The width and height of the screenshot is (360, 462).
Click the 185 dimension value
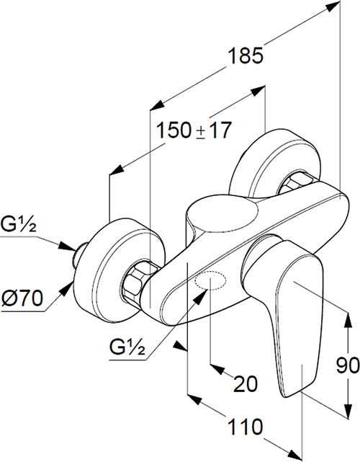(x=246, y=55)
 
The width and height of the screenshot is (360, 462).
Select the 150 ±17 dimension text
(x=194, y=130)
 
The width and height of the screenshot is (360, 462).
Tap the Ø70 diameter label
(x=22, y=299)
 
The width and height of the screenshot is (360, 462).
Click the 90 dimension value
(x=348, y=365)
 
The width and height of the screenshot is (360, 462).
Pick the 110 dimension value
(x=245, y=427)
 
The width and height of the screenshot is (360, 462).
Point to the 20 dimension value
(x=246, y=384)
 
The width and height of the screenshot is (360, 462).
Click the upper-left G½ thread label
(x=18, y=224)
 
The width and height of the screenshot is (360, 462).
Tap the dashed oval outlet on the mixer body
(x=210, y=280)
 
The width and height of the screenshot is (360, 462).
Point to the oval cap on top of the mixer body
(x=222, y=212)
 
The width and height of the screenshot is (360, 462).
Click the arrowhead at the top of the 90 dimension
(x=348, y=321)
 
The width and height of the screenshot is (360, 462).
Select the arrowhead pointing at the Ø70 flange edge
(x=66, y=288)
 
